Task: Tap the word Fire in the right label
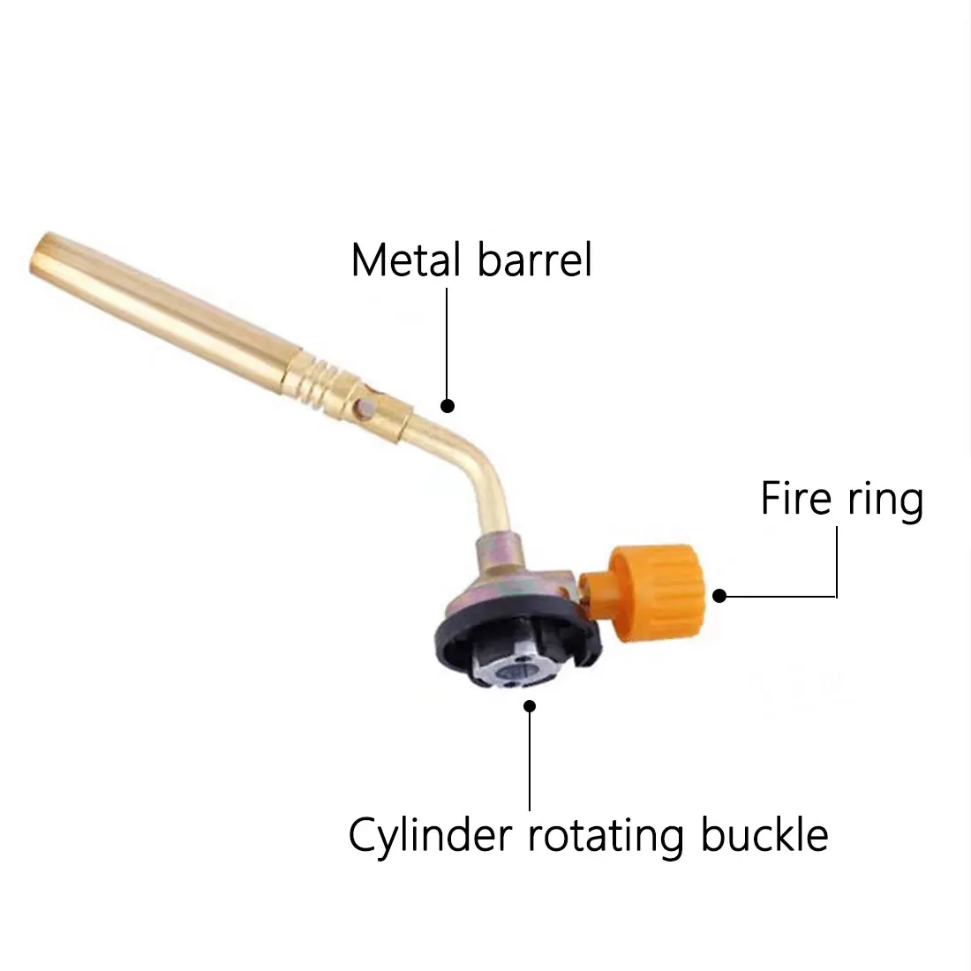[787, 500]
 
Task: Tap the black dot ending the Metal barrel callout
[448, 406]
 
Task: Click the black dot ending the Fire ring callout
[719, 596]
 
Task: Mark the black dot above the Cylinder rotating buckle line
[530, 705]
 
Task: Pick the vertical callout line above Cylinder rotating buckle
[530, 759]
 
